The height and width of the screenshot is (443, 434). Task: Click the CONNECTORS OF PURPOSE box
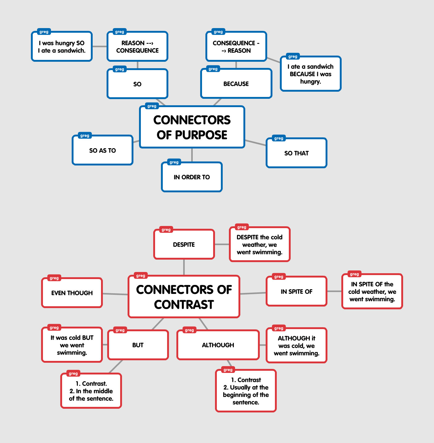(192, 127)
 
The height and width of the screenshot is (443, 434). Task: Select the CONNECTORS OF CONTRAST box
(184, 297)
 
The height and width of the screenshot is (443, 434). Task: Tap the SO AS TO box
(103, 150)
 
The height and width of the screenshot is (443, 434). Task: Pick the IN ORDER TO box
(192, 177)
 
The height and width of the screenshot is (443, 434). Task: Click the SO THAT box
(296, 153)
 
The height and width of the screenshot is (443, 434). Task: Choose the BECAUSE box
(236, 84)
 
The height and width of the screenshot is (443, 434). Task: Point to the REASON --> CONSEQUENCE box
(137, 47)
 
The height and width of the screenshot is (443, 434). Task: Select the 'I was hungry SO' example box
(62, 47)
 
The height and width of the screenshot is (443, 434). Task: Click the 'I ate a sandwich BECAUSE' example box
(310, 74)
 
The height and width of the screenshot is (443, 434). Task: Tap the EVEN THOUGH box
(72, 293)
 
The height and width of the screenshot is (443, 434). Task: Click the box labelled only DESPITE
(184, 244)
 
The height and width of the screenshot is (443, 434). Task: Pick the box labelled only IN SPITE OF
(296, 291)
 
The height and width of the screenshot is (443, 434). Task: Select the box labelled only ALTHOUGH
(218, 345)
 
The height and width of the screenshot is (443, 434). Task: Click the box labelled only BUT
(138, 345)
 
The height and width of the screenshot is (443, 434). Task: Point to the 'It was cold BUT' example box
(72, 345)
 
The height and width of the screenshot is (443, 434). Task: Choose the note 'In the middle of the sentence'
(91, 391)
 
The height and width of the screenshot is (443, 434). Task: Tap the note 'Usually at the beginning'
(246, 391)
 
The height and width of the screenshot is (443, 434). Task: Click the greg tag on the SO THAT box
(279, 138)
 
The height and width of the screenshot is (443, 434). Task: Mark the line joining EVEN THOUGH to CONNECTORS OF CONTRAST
(115, 294)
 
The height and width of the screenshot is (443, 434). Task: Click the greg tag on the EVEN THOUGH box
(54, 278)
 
